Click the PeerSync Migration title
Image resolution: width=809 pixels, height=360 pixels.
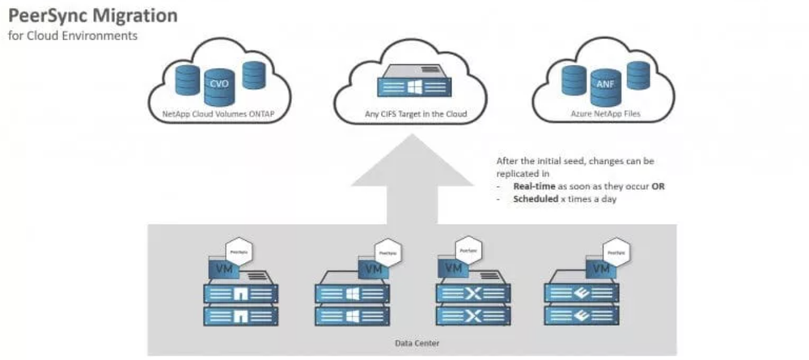click(93, 16)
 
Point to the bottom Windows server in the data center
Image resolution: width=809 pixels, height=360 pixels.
click(353, 316)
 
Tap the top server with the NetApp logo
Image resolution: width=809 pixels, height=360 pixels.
click(241, 293)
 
